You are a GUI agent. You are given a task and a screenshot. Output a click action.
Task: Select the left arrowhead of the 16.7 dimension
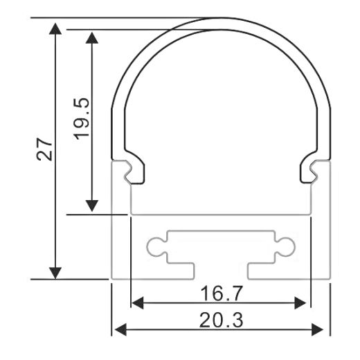(138, 303)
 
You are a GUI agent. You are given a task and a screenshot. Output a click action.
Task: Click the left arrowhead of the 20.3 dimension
(120, 328)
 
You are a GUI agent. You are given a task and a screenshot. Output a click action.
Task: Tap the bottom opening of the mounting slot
(220, 271)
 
